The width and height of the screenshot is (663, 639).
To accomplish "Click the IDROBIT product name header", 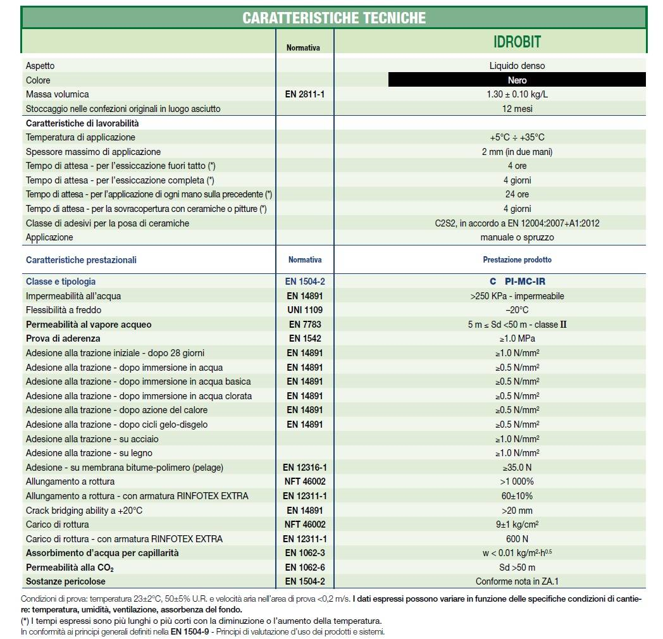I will pyautogui.click(x=517, y=42).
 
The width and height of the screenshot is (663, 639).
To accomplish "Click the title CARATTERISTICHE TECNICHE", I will pyautogui.click(x=334, y=17).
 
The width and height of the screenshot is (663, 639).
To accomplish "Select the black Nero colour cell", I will pyautogui.click(x=517, y=80).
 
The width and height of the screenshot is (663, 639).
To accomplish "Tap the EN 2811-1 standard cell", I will pyautogui.click(x=305, y=94).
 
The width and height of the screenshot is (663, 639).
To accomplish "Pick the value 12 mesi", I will pyautogui.click(x=517, y=109).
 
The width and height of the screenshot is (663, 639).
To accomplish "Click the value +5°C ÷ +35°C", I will pyautogui.click(x=517, y=137).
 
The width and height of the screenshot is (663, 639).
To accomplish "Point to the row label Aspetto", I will pyautogui.click(x=40, y=66).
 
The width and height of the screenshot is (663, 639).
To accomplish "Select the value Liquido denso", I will pyautogui.click(x=517, y=66).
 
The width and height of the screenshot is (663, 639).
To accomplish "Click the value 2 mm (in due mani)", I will pyautogui.click(x=517, y=152).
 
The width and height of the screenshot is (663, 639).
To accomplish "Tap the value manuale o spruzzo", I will pyautogui.click(x=517, y=237).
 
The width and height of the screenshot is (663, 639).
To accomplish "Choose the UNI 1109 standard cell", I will pyautogui.click(x=305, y=310).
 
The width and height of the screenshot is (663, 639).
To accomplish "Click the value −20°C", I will pyautogui.click(x=517, y=310).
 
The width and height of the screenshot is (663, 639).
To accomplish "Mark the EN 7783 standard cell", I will pyautogui.click(x=305, y=325).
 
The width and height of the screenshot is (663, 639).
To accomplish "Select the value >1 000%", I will pyautogui.click(x=517, y=481).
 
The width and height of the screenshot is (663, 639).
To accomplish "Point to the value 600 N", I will pyautogui.click(x=517, y=539).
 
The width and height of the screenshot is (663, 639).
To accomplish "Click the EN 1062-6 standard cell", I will pyautogui.click(x=305, y=568).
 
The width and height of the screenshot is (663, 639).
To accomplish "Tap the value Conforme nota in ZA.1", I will pyautogui.click(x=517, y=581).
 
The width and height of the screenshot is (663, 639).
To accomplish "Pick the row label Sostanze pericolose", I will pyautogui.click(x=66, y=581).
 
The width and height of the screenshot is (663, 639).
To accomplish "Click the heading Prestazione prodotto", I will pyautogui.click(x=517, y=259).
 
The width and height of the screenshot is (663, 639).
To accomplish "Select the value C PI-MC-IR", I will pyautogui.click(x=517, y=282).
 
